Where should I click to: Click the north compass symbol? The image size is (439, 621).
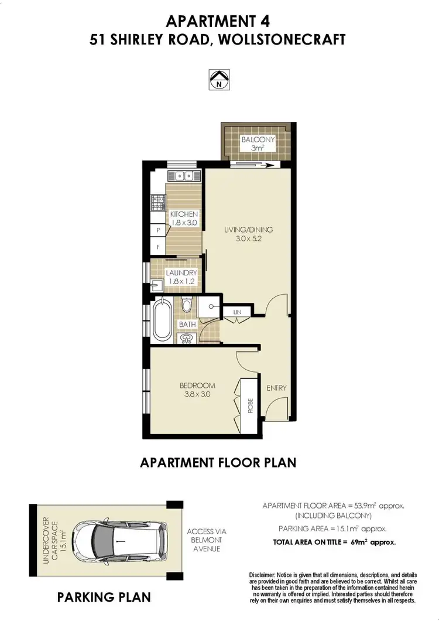[220, 80]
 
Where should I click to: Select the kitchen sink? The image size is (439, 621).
[184, 175]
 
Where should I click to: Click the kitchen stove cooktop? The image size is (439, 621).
[158, 203]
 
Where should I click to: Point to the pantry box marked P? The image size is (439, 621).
[158, 231]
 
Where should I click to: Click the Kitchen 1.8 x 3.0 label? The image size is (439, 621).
[184, 219]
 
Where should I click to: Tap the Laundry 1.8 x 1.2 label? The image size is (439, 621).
[181, 277]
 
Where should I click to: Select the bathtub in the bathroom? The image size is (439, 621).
[162, 319]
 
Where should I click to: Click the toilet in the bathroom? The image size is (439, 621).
[187, 305]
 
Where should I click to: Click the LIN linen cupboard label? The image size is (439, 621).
[236, 313]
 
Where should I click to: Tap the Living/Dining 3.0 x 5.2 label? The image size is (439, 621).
[248, 234]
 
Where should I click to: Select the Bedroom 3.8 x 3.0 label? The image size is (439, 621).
[197, 390]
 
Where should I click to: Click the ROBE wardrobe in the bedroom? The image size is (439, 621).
[249, 406]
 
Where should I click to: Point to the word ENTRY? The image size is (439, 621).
[276, 388]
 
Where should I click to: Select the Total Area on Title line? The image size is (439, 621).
[334, 542]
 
